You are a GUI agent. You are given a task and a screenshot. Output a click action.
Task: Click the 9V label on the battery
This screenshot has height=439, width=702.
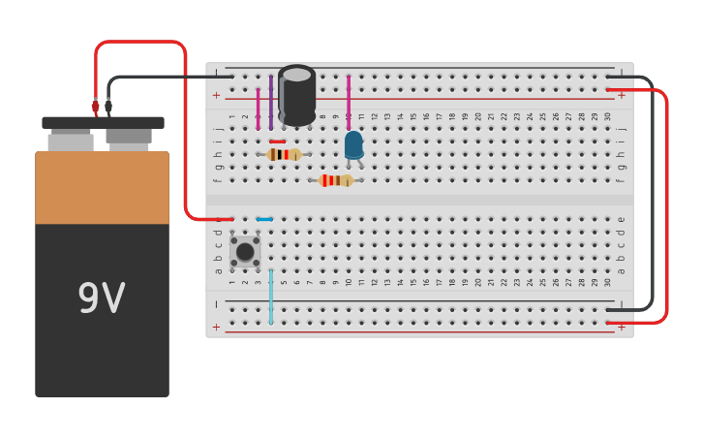point(101,299)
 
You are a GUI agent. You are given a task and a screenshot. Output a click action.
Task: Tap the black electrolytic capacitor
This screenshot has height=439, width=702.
point(296,95)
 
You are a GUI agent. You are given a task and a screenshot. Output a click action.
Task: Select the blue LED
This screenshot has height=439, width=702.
point(353,145)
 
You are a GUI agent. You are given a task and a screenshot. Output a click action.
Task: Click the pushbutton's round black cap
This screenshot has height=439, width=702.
point(245,252)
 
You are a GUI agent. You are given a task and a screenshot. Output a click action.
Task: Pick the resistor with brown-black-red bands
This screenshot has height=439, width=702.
point(284,154)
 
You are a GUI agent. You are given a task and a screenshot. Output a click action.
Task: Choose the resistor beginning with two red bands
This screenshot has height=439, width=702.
point(336,180)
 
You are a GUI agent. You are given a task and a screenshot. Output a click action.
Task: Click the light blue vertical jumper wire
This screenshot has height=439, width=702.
point(271,296)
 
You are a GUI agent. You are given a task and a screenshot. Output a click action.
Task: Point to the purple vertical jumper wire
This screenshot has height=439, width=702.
point(271,102)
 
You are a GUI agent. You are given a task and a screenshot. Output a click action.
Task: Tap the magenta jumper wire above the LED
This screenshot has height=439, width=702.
point(349,103)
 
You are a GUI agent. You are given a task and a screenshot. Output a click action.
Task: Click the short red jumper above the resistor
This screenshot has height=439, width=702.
point(278,141)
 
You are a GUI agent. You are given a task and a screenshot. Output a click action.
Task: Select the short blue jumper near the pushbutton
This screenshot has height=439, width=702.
point(264,219)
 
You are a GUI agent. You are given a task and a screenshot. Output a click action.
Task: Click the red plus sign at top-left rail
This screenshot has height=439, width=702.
point(216,95)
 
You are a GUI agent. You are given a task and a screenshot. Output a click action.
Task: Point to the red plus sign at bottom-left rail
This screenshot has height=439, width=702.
point(216,328)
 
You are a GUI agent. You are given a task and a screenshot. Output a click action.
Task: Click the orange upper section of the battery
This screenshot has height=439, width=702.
point(102,187)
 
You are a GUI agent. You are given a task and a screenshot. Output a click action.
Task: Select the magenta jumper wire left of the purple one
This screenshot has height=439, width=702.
point(258,109)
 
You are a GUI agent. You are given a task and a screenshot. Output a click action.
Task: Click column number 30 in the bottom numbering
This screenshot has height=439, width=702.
point(607,282)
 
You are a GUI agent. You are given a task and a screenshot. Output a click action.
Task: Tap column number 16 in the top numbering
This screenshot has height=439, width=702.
point(426,116)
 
